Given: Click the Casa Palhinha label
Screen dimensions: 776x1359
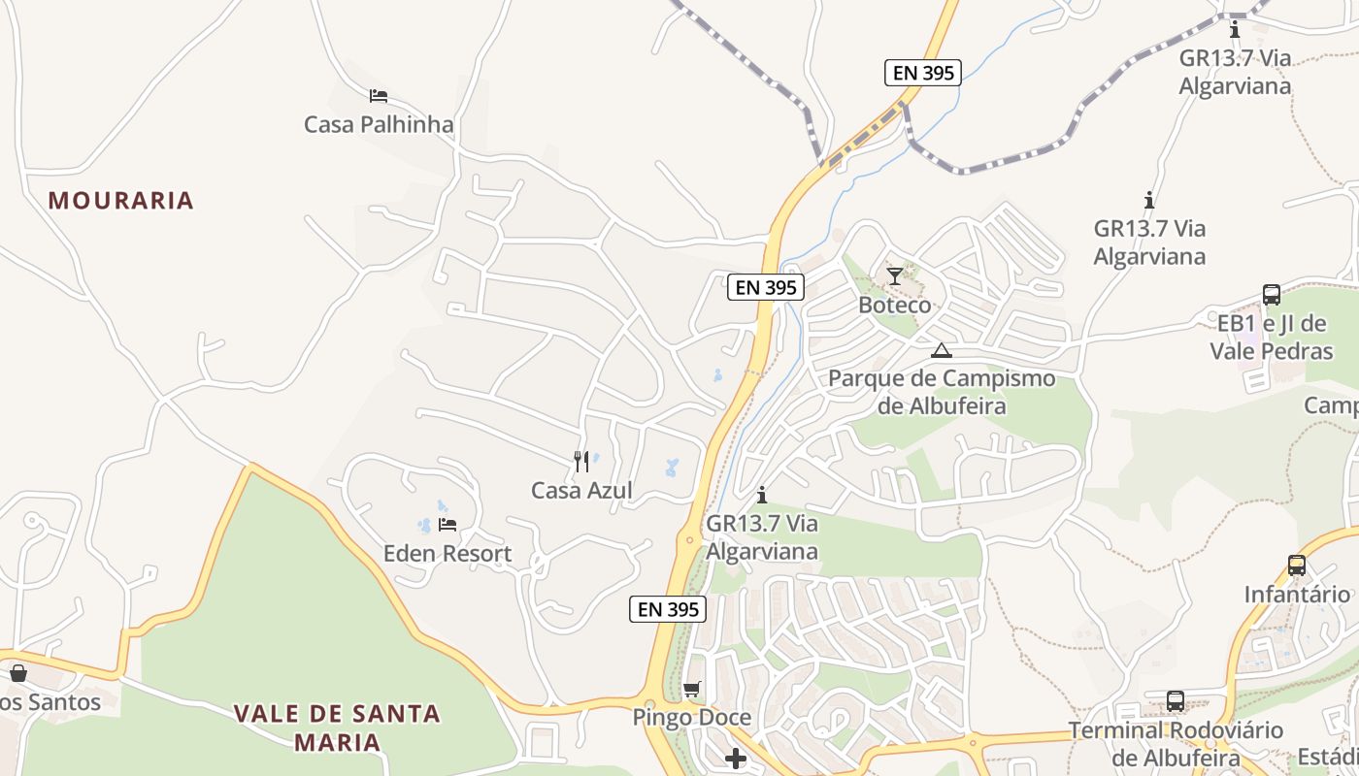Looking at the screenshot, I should click(379, 124).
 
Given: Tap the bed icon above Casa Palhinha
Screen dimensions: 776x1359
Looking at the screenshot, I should click(379, 96).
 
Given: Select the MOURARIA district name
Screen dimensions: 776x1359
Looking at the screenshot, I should click(121, 201).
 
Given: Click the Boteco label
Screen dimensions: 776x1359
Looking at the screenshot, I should click(894, 305).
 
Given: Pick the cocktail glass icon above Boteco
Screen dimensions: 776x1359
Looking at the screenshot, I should click(895, 276).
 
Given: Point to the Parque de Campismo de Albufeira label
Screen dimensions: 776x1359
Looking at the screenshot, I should click(941, 392).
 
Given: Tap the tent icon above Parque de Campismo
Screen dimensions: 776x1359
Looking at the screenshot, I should click(941, 350).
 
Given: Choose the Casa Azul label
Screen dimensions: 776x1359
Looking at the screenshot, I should click(581, 490).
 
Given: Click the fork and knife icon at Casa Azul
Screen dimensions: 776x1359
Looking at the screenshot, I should click(581, 462).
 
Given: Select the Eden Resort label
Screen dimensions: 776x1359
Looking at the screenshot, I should click(447, 554).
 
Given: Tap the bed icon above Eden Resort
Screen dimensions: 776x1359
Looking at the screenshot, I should click(447, 525).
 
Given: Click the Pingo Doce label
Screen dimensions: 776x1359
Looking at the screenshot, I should click(692, 718).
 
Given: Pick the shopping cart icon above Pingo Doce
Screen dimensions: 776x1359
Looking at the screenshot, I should click(692, 690).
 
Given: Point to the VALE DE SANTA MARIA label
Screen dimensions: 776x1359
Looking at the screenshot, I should click(337, 728).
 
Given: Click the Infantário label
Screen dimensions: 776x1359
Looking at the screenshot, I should click(1297, 594).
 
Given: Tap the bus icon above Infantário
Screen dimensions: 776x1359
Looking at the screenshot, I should click(1297, 566).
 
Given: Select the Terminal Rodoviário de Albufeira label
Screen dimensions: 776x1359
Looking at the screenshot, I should click(1176, 743).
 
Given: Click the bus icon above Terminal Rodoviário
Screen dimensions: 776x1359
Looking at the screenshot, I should click(1176, 701).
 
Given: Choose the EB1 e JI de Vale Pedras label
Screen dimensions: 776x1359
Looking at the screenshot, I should click(1272, 337).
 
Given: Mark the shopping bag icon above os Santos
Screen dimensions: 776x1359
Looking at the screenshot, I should click(18, 672).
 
